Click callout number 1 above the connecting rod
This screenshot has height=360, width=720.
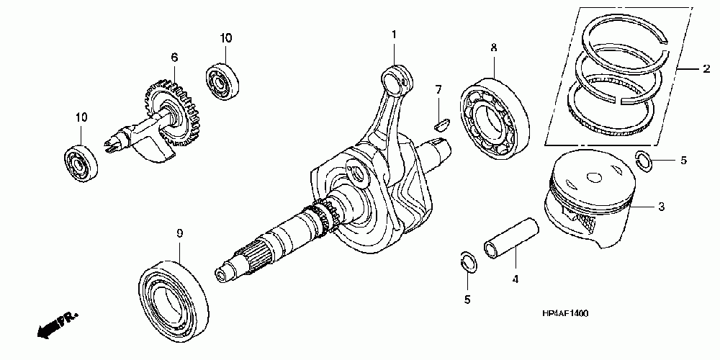(394, 35)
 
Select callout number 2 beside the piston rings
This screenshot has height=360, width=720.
(706, 69)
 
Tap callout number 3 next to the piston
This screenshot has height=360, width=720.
(661, 207)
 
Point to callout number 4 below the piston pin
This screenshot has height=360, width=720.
(516, 278)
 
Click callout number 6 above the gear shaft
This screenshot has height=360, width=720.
(174, 57)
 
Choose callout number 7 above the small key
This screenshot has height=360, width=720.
(437, 89)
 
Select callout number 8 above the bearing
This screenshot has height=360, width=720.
(493, 48)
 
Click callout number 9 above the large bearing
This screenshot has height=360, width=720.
(179, 233)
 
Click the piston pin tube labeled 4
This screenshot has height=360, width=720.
(513, 238)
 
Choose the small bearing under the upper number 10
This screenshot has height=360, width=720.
(221, 81)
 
